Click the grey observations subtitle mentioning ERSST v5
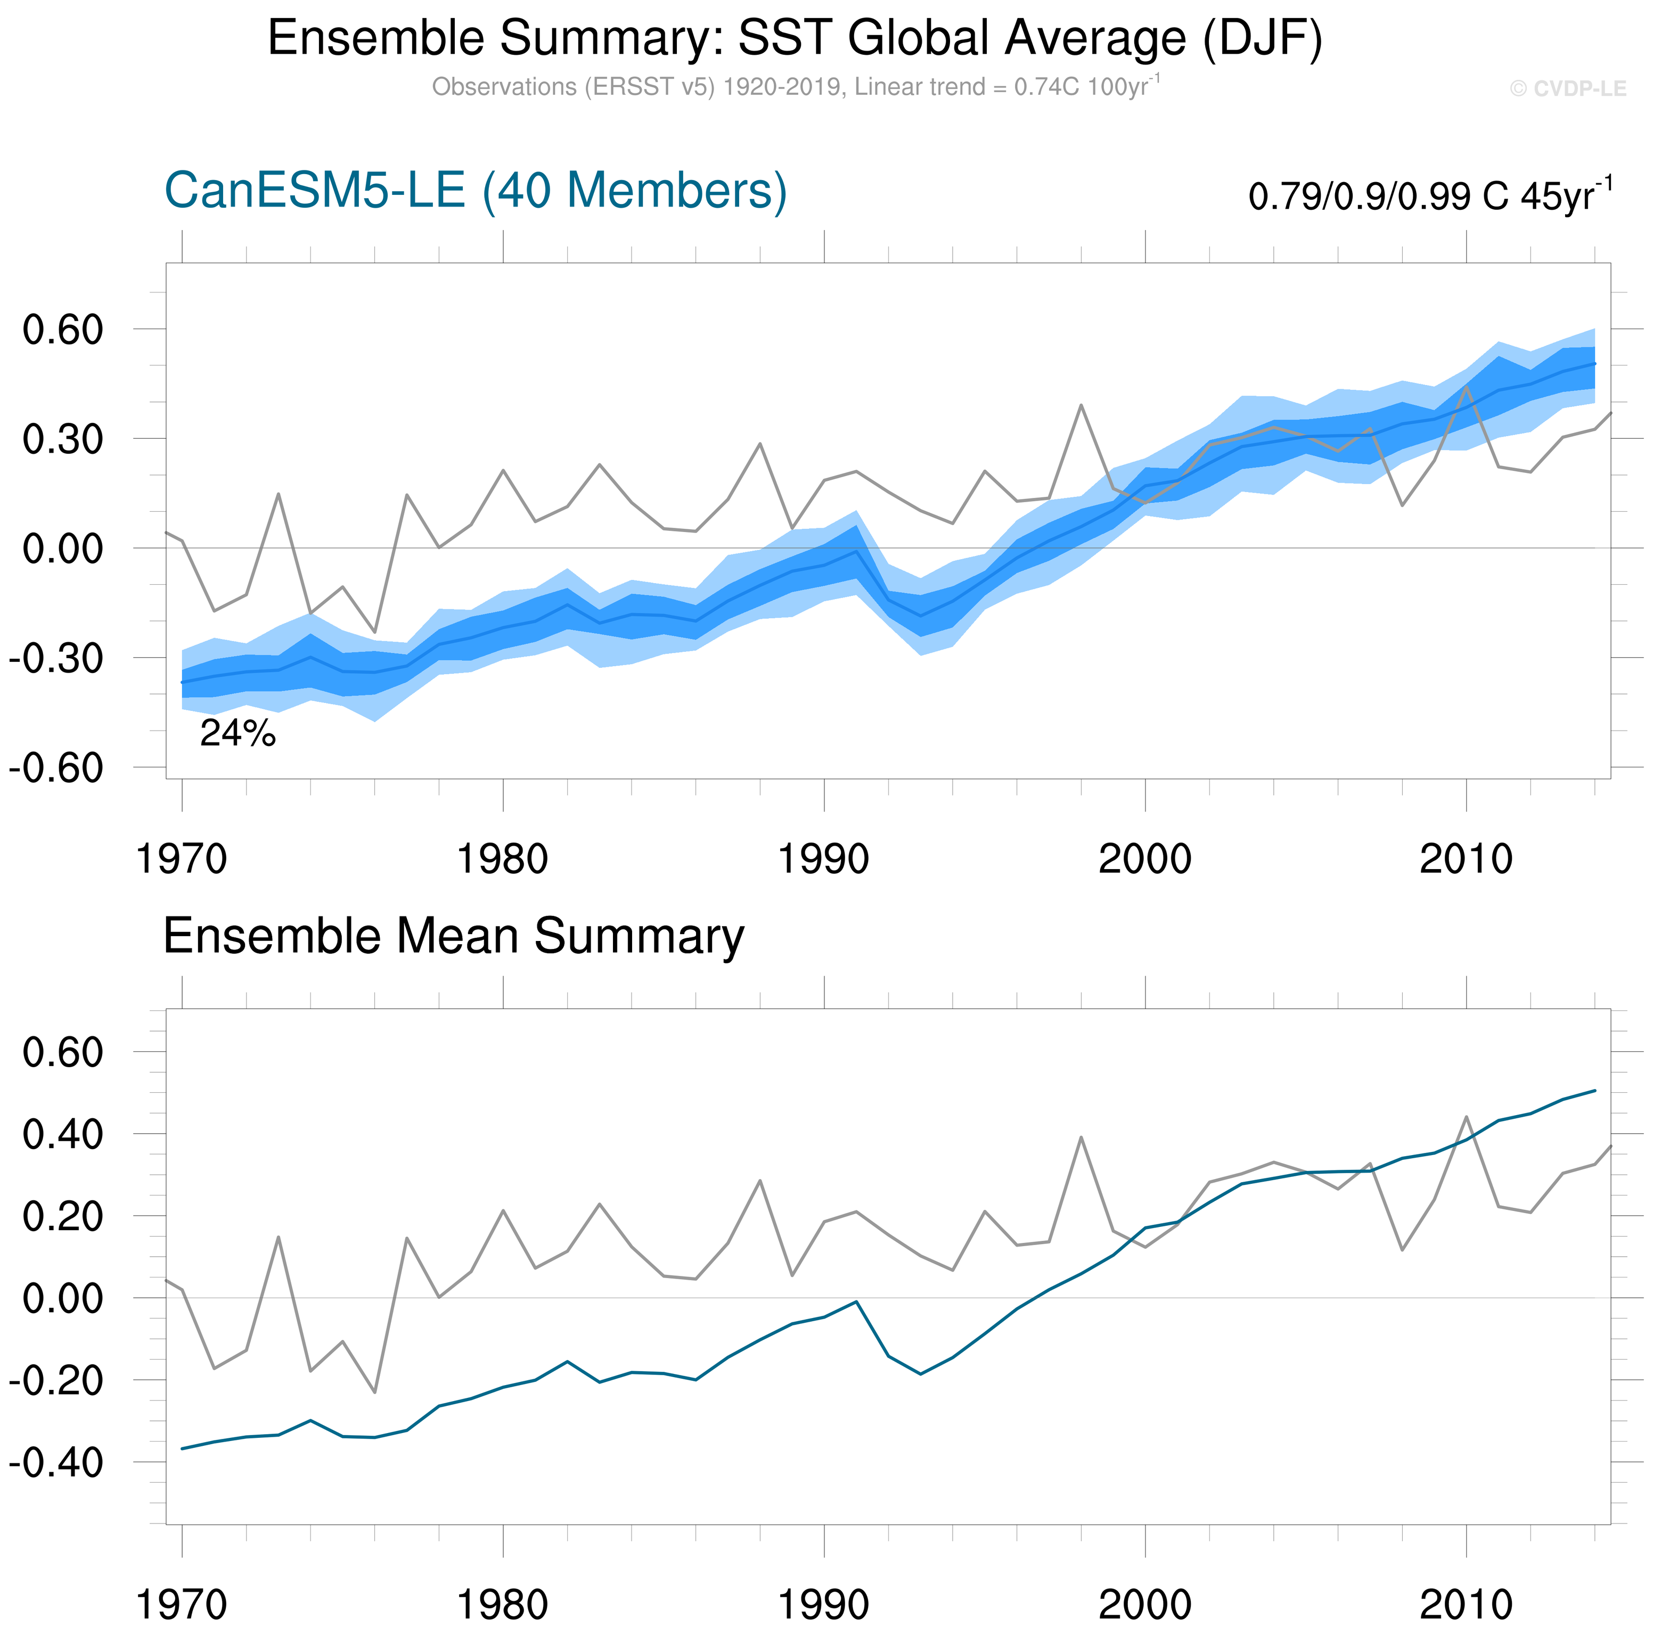pyautogui.click(x=795, y=87)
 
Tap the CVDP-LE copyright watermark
pyautogui.click(x=1567, y=89)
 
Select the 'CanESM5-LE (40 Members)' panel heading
pyautogui.click(x=475, y=191)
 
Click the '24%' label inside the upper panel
pyautogui.click(x=238, y=733)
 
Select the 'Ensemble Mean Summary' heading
pyautogui.click(x=454, y=936)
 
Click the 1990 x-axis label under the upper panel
pyautogui.click(x=823, y=858)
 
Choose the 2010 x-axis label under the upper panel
pyautogui.click(x=1466, y=858)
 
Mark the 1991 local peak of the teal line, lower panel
pyautogui.click(x=856, y=1302)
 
